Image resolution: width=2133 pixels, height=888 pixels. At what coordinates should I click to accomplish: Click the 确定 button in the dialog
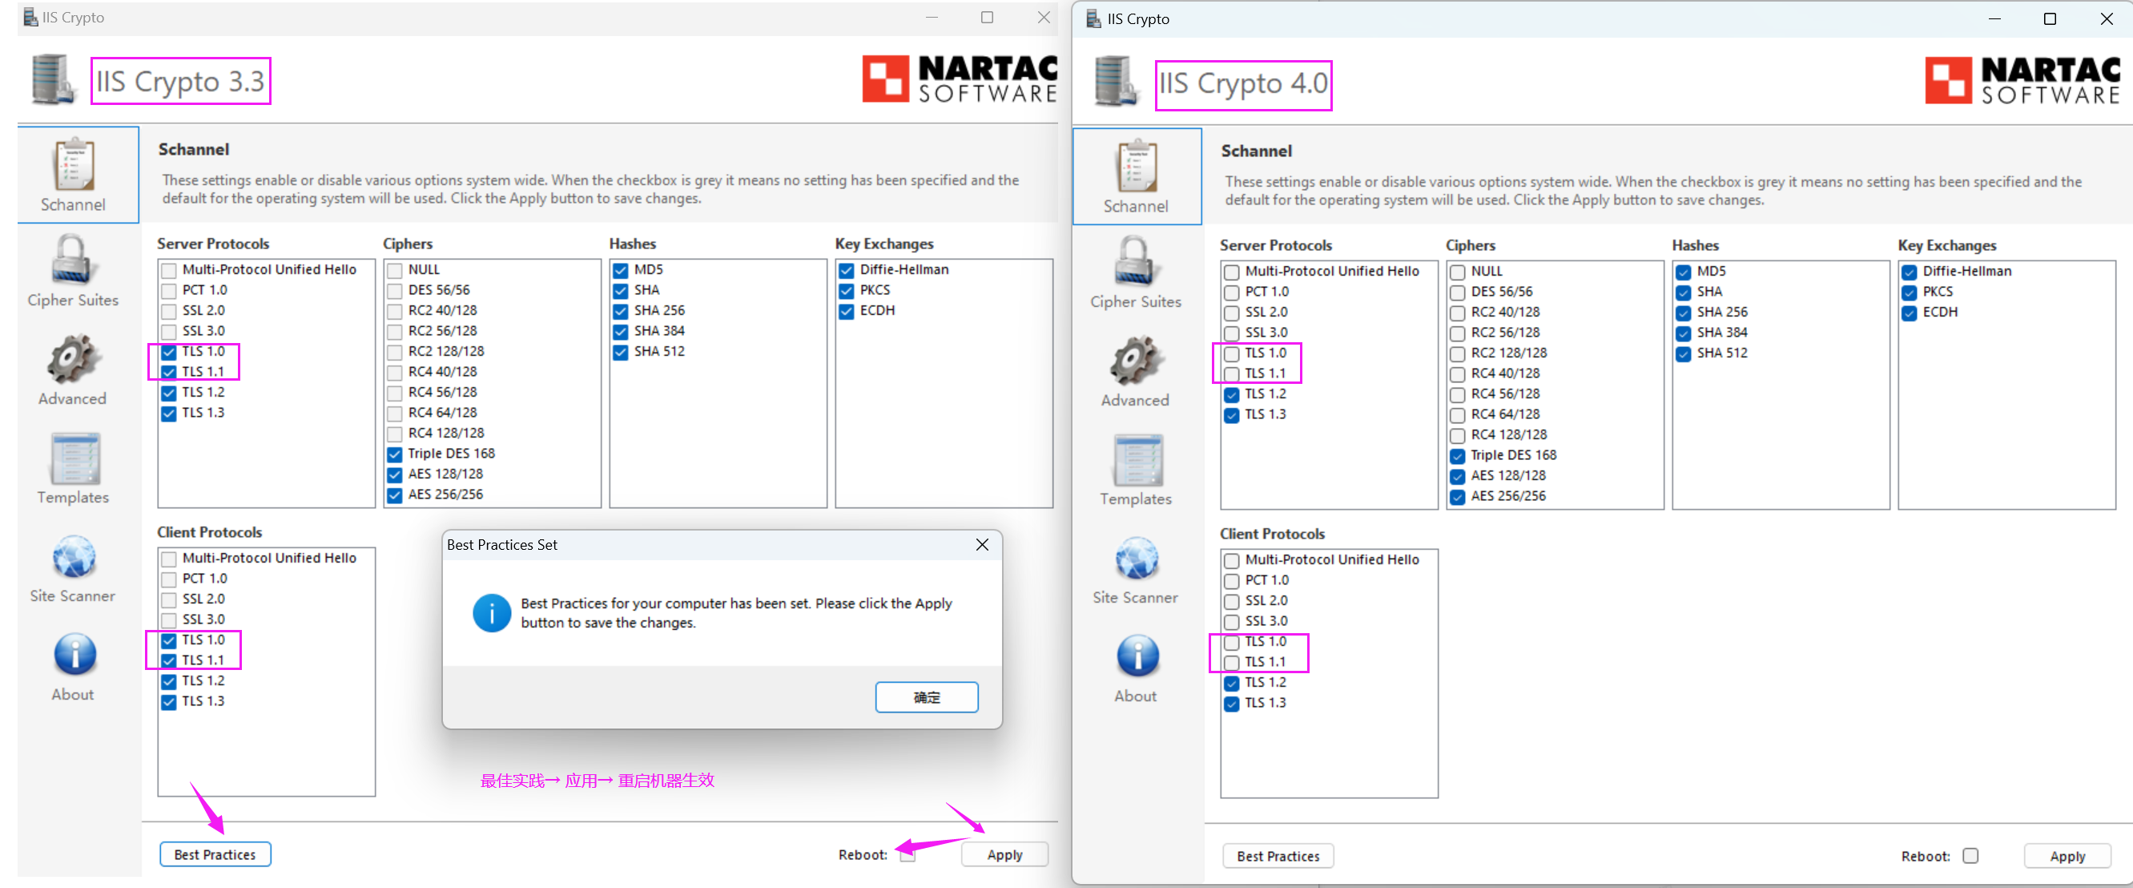point(927,696)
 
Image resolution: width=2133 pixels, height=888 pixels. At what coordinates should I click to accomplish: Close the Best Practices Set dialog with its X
point(982,544)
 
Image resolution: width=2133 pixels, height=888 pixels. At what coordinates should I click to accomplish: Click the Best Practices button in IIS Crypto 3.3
point(215,854)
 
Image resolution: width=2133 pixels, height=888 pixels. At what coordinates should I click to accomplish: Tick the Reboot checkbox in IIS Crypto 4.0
point(1970,856)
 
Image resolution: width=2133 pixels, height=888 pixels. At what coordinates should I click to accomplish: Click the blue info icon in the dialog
point(492,613)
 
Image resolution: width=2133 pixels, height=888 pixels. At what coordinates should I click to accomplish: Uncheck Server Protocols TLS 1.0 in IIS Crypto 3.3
point(169,352)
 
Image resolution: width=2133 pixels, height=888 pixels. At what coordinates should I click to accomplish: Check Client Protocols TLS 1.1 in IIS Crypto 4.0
point(1231,663)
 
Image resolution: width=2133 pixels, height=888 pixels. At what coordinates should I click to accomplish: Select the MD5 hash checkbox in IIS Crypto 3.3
point(620,270)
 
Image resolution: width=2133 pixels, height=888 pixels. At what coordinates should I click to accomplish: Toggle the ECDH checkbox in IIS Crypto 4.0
point(1909,313)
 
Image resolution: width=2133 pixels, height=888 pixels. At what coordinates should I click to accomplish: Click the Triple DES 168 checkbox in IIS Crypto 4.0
point(1457,455)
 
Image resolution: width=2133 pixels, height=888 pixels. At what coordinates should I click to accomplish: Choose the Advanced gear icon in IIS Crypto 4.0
point(1135,361)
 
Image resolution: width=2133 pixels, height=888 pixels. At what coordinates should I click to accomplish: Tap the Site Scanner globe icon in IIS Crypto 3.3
point(74,557)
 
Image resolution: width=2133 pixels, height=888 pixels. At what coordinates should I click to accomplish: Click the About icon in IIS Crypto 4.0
point(1137,657)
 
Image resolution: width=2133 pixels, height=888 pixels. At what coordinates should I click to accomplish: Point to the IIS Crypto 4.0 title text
point(1243,83)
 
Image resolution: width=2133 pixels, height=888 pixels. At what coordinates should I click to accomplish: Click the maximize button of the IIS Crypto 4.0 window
point(2050,18)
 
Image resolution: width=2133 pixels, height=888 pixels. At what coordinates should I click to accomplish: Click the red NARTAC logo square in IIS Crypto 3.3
point(885,79)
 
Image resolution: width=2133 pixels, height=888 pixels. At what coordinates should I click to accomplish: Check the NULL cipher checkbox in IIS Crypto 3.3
point(394,270)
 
